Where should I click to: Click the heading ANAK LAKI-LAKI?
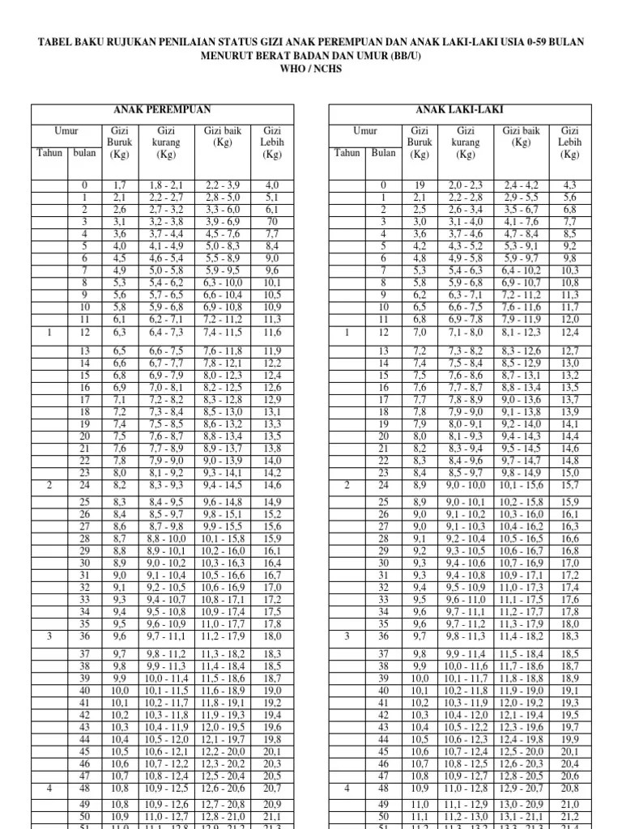click(x=459, y=109)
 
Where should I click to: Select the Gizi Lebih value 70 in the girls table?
click(x=272, y=221)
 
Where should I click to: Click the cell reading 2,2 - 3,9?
click(x=223, y=185)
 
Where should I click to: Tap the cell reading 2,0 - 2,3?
click(x=466, y=185)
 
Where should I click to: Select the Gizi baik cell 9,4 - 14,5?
click(x=223, y=486)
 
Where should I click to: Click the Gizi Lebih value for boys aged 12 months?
click(x=570, y=332)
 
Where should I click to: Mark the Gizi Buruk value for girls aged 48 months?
click(x=119, y=788)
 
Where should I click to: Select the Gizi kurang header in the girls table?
click(x=167, y=142)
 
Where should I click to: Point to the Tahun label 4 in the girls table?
click(x=49, y=788)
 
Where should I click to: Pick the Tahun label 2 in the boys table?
click(x=347, y=486)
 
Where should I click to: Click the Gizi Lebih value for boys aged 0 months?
click(x=570, y=185)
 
